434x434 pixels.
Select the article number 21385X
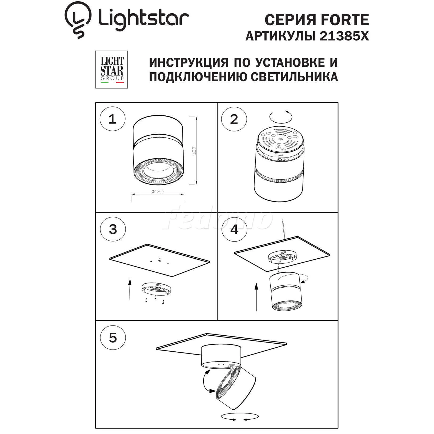click(x=344, y=36)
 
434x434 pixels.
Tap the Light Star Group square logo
click(x=111, y=69)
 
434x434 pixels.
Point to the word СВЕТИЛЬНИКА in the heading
click(x=294, y=77)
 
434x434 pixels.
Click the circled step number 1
click(x=112, y=119)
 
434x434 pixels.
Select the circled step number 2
click(x=234, y=119)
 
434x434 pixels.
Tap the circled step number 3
click(x=113, y=229)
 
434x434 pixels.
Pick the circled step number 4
click(x=234, y=229)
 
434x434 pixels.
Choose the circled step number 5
click(x=113, y=338)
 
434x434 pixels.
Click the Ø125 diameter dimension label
click(x=157, y=191)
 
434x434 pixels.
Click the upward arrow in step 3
click(x=130, y=290)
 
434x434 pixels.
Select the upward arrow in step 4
click(x=256, y=297)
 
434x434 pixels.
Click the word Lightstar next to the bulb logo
click(x=143, y=19)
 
